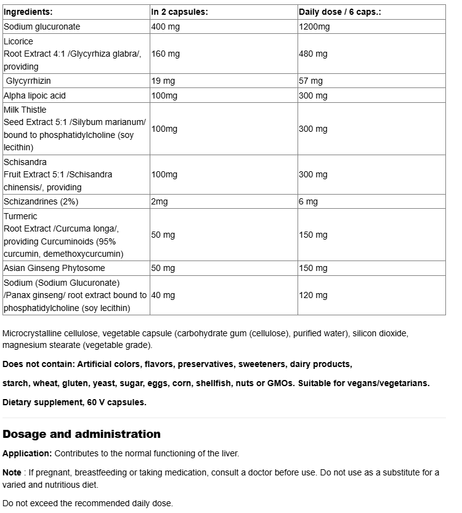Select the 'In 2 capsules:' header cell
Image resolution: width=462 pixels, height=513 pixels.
[179, 12]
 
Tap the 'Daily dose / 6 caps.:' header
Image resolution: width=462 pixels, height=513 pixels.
[339, 12]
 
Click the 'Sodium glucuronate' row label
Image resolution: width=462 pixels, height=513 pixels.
[42, 26]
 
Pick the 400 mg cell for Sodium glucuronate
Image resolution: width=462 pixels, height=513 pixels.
[166, 26]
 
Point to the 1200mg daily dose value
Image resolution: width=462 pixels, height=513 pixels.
[314, 26]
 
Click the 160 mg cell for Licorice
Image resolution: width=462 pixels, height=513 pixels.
[166, 54]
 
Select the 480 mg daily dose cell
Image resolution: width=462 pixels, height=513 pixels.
[313, 54]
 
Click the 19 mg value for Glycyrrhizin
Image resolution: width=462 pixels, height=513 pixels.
[163, 81]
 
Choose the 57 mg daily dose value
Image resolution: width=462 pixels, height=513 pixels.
[310, 81]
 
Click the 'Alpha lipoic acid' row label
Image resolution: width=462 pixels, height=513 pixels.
[34, 95]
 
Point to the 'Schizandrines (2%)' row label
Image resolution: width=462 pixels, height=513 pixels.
[41, 201]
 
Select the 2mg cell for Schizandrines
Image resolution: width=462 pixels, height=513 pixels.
[160, 201]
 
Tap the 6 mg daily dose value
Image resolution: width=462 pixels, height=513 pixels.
[308, 201]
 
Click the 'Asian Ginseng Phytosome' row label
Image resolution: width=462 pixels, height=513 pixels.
[54, 268]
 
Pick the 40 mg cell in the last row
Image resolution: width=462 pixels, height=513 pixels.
[163, 295]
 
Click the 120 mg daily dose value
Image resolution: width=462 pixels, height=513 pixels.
[313, 295]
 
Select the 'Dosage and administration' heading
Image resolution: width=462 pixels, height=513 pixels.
[81, 434]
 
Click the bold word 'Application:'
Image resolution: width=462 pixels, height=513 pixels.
[27, 453]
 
